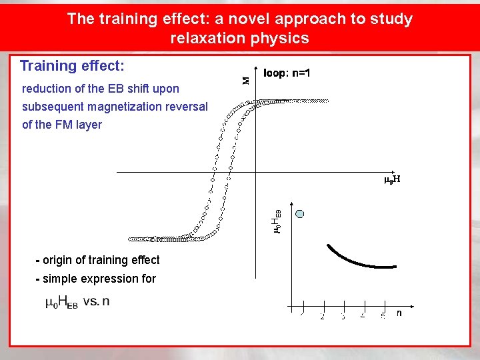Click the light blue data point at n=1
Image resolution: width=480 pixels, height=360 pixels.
pos(300,214)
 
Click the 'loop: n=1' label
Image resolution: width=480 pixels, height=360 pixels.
pos(287,73)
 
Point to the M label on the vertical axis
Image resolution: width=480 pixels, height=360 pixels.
pos(245,80)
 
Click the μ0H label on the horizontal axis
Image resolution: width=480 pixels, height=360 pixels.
pos(392,179)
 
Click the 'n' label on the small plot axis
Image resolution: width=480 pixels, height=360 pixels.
pos(399,312)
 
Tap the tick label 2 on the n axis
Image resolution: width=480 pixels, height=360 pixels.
pos(322,316)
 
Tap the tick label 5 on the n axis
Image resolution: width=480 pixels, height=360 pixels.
pos(383,316)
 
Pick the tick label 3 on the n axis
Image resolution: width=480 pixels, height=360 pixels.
pos(343,316)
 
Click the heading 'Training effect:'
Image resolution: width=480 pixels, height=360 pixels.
pos(72,66)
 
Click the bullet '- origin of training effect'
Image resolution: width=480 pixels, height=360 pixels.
pos(97,260)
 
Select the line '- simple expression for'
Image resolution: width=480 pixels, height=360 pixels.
pos(95,279)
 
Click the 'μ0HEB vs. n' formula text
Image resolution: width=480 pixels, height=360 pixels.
pos(77,302)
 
